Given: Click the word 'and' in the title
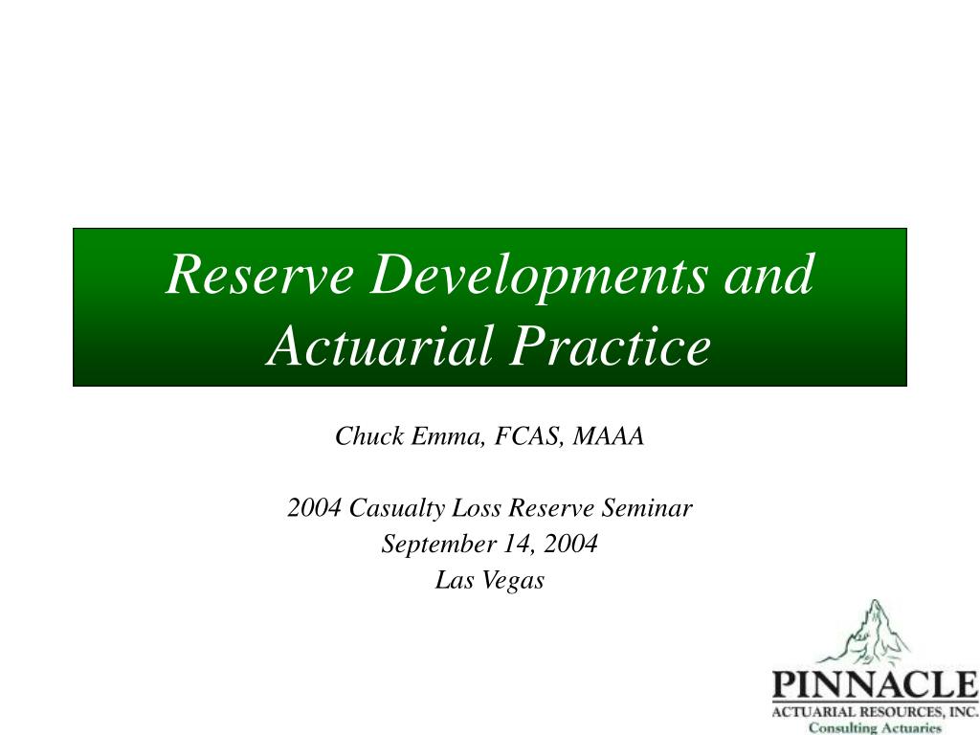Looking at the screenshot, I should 768,275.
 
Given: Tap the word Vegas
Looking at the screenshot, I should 515,580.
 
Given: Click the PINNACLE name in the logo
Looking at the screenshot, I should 874,685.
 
